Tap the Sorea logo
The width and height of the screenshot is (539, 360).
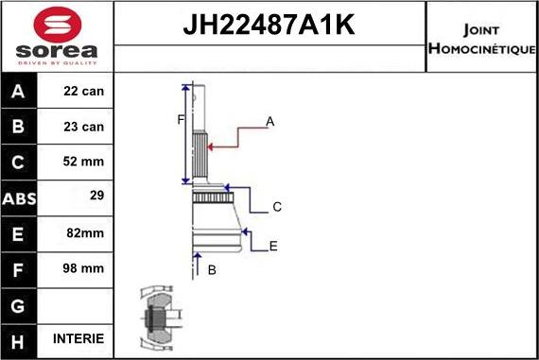56,39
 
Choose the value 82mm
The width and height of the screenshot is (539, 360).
86,232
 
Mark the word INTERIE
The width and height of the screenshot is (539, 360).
79,338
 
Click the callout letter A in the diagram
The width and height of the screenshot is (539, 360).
269,121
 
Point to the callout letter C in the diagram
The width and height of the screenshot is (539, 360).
277,207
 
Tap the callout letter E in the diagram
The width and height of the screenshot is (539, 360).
273,246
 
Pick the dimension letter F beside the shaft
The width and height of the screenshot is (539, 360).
180,119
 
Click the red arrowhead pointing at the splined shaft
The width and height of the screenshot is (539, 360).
211,146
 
